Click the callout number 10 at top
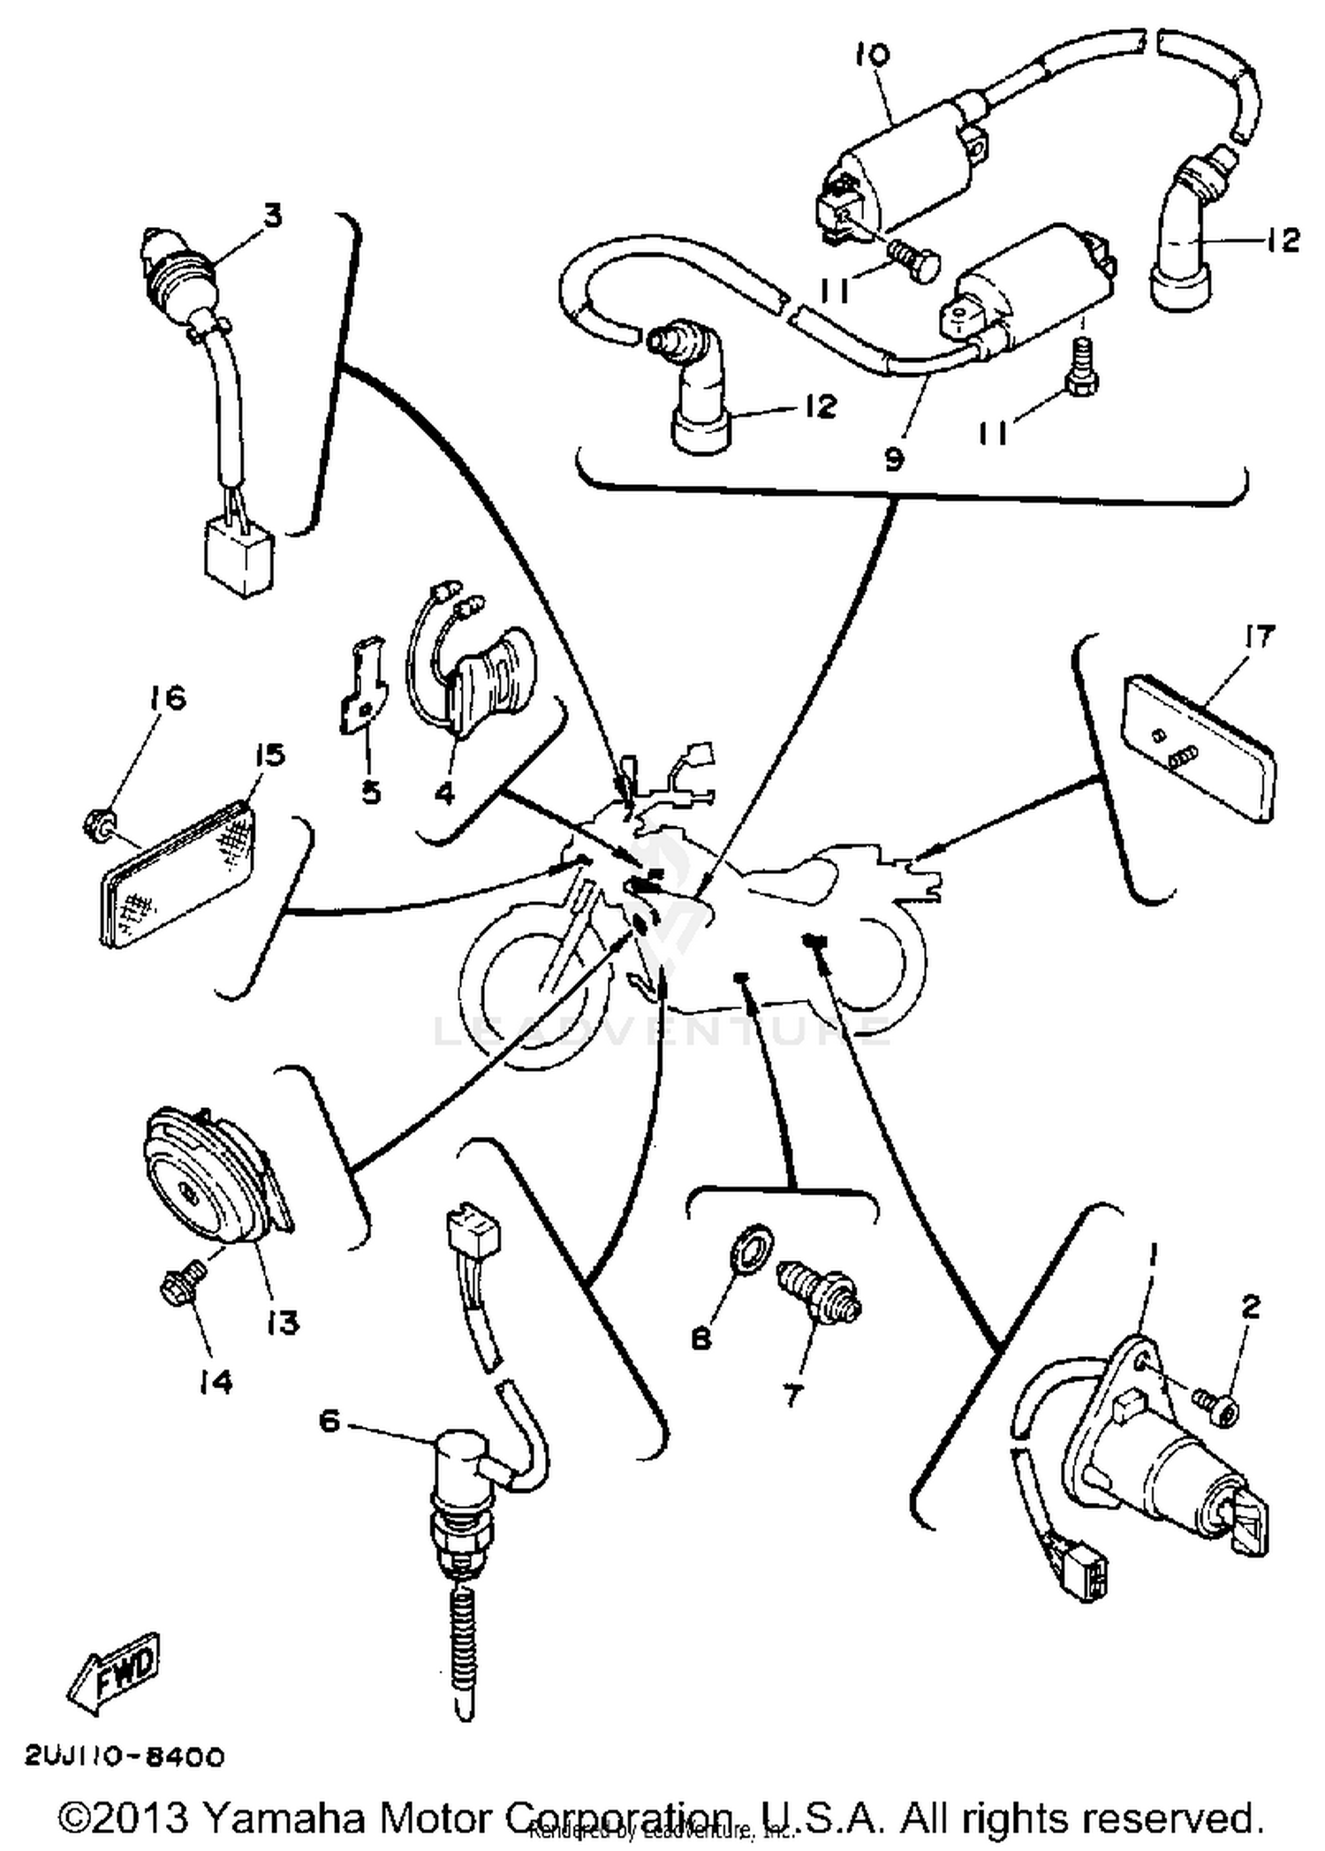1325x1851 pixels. (873, 56)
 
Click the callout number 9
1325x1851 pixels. (894, 459)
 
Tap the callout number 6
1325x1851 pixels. (329, 1422)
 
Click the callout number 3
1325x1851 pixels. (272, 215)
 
